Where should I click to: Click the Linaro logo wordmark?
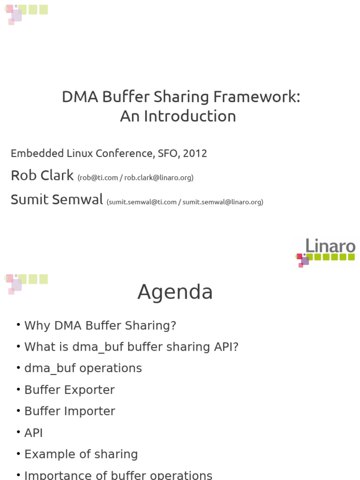330,246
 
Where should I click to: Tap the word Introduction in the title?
190,116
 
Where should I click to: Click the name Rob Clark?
42,175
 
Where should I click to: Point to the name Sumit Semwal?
57,199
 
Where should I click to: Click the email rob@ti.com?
99,178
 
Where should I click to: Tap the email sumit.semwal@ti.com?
142,202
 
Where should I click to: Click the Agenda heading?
175,292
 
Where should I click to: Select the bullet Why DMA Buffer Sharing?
100,325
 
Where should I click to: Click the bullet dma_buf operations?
83,368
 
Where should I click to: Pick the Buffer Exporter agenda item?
69,390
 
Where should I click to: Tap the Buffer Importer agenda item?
70,411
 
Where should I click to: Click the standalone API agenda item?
34,433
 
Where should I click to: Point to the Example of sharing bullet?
81,454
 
